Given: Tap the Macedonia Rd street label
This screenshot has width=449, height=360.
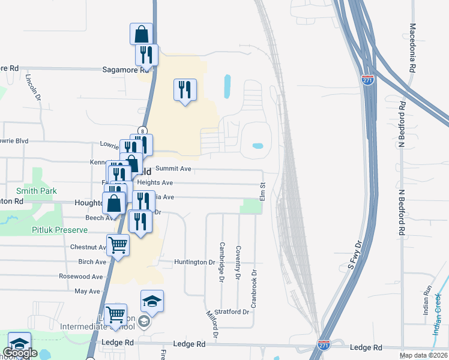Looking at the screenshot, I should [412, 48].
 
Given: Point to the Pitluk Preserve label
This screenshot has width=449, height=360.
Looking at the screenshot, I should [61, 230].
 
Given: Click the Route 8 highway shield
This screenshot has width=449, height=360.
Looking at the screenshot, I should [142, 130].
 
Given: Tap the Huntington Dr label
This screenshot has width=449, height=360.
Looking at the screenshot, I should [194, 262].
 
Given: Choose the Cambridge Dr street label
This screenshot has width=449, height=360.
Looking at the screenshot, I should [221, 262].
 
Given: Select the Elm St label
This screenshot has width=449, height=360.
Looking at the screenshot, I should [262, 193].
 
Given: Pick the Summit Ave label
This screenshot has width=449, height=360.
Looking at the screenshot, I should [173, 169].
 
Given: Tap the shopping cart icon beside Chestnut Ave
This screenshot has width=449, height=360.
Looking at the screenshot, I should [118, 245].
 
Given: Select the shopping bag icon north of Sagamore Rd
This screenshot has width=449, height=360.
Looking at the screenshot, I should [142, 33].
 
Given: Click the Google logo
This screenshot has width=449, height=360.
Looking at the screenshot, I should [20, 353].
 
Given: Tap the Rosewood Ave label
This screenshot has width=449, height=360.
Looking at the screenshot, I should [81, 277].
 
